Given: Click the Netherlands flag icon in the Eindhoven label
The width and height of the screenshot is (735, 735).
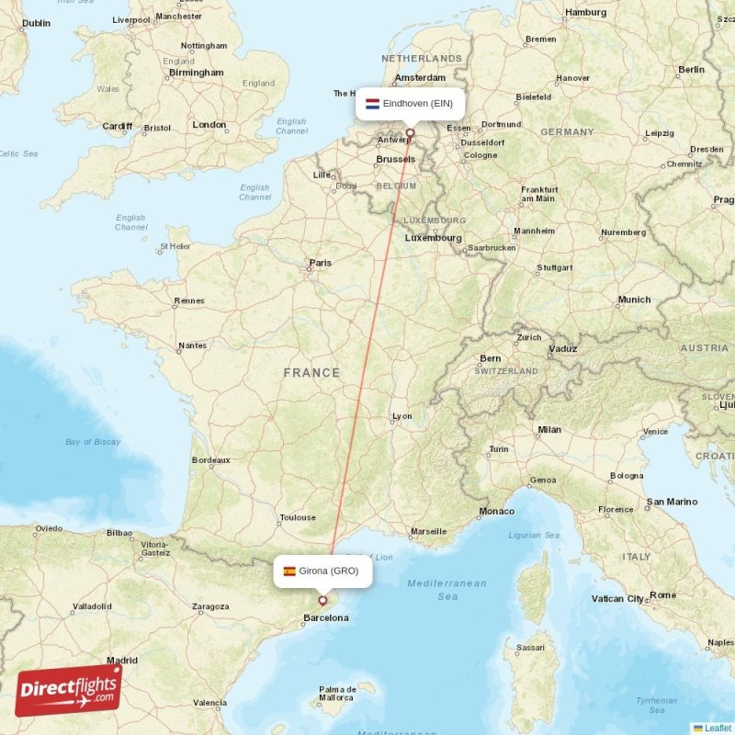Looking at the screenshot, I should click(x=372, y=104).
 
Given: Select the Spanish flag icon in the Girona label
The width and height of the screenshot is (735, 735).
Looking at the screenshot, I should click(x=289, y=571).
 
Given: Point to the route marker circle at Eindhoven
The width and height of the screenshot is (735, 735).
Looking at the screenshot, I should click(x=411, y=133).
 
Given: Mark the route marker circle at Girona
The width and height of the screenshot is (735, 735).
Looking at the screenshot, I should click(x=322, y=600).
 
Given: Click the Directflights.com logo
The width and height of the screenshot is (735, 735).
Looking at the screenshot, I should click(x=69, y=690).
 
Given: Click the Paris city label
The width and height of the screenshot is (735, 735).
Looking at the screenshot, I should click(x=320, y=263).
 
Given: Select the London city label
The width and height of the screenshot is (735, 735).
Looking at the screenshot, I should click(x=209, y=125).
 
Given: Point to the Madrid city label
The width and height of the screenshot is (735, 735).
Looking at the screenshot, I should click(x=121, y=660).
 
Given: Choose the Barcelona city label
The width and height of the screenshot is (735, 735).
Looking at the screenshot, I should click(x=326, y=618).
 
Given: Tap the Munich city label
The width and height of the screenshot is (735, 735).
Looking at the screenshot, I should click(x=634, y=300).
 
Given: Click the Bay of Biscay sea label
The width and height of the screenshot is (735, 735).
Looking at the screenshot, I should click(x=93, y=442).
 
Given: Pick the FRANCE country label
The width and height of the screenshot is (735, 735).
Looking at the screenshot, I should click(x=311, y=373).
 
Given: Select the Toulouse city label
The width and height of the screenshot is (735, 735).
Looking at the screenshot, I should click(x=298, y=517).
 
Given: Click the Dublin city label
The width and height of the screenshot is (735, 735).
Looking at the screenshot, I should click(x=36, y=23).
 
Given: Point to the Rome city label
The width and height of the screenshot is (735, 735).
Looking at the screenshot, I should click(x=662, y=595).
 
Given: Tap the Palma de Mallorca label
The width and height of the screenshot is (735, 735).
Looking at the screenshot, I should click(x=337, y=695).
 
